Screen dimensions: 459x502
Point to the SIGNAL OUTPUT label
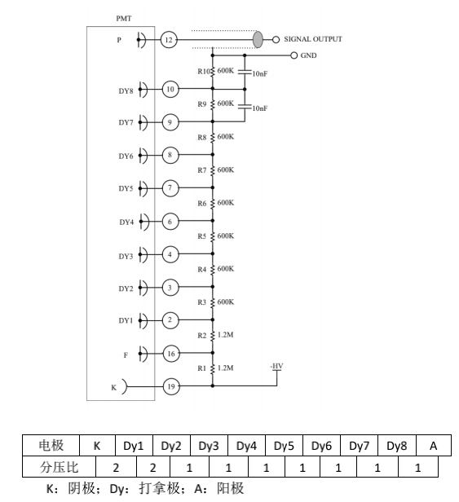coord(313,39)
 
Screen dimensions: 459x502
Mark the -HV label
coord(276,366)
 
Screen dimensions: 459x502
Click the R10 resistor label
coord(203,72)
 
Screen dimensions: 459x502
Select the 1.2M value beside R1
coord(226,368)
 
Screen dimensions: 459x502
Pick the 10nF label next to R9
coord(260,108)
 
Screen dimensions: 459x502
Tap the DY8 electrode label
coord(126,91)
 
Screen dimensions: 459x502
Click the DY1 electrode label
coord(126,320)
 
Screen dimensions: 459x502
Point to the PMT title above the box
coord(124,18)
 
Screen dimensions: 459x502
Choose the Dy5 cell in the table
coord(284,446)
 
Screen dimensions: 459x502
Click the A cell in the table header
coord(434,446)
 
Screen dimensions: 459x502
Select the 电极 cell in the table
coord(51,446)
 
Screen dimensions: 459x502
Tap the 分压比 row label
coord(59,468)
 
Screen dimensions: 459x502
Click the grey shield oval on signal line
coord(258,39)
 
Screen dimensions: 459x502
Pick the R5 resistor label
coord(202,236)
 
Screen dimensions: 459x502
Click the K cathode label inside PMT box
coord(113,388)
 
